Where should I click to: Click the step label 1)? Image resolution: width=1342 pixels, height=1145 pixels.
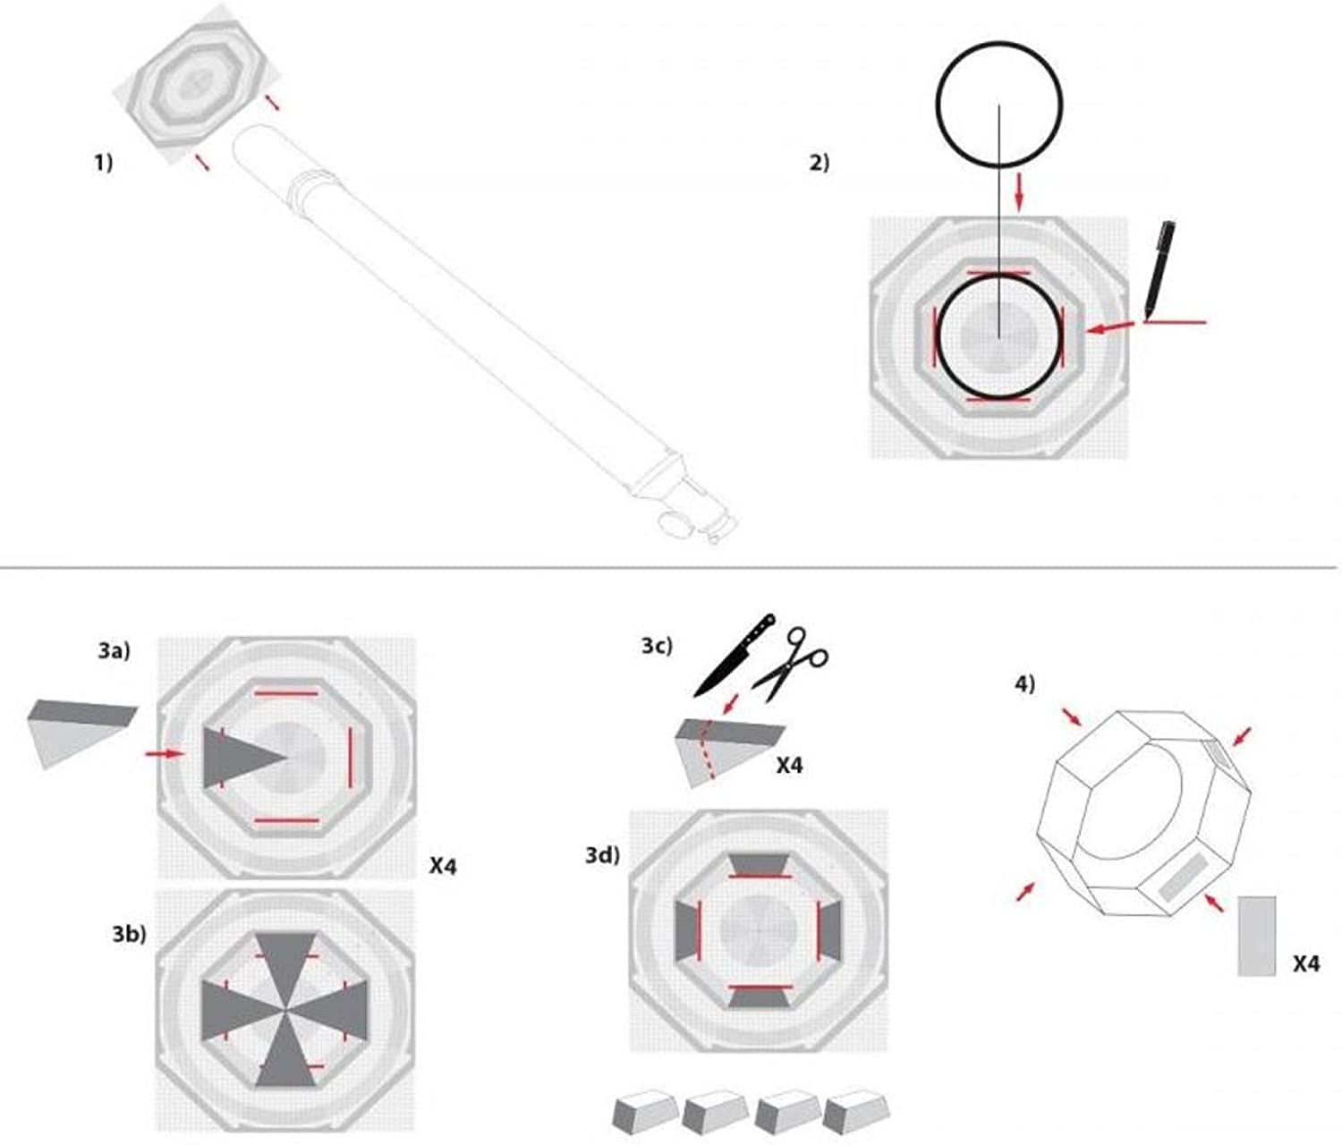tap(104, 162)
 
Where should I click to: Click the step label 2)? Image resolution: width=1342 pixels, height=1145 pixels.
tap(819, 162)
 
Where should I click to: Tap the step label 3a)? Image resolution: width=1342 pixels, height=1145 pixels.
tap(115, 650)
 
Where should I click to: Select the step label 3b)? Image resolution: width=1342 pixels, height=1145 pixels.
tap(129, 934)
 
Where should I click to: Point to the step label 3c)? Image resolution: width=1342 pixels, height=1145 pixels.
tap(657, 646)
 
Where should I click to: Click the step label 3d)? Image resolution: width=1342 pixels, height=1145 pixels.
tap(602, 855)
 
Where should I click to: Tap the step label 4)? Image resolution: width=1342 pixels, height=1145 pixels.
tap(1025, 683)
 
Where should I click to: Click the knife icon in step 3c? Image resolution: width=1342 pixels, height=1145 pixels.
tap(735, 656)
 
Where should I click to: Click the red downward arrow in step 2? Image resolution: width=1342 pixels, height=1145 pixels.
tap(1019, 191)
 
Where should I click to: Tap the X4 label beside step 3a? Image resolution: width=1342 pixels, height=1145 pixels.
tap(443, 866)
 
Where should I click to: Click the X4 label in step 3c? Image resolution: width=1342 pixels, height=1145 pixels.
tap(789, 766)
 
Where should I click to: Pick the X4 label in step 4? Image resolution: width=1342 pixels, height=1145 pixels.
tap(1306, 964)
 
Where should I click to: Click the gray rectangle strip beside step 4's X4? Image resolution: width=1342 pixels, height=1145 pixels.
tap(1257, 936)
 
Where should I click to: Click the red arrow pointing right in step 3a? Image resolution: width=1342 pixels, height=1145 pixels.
tap(165, 753)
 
